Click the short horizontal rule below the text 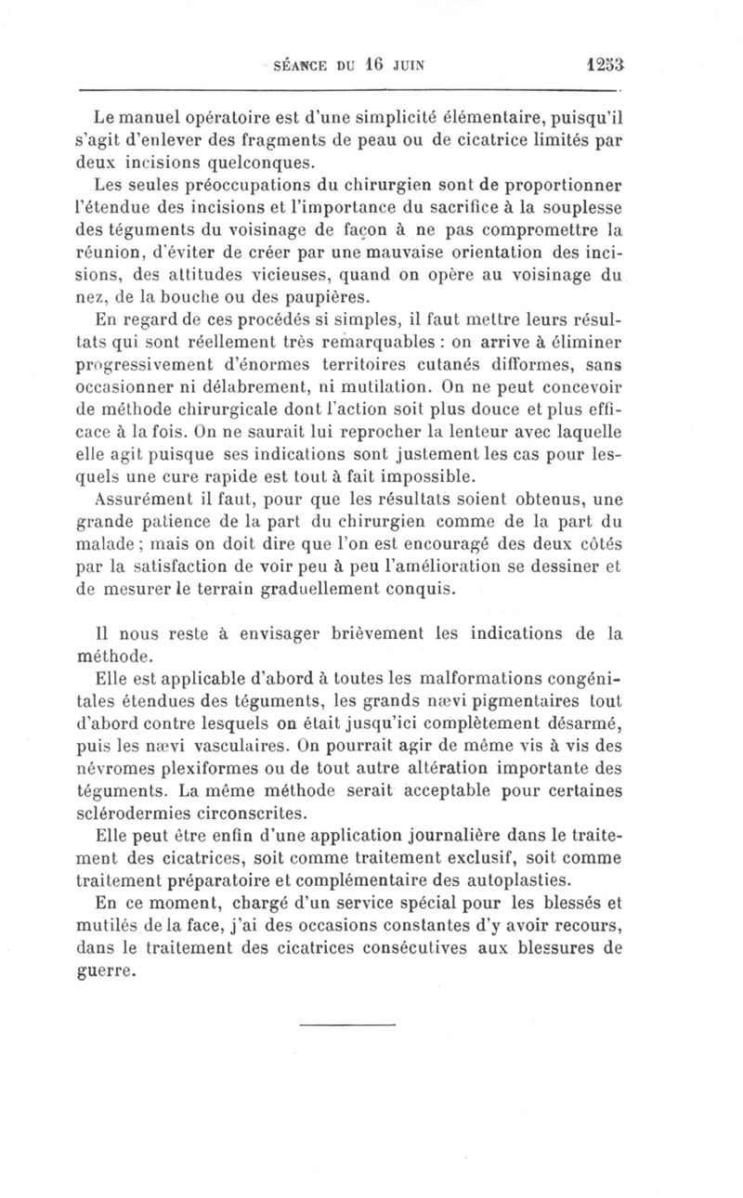(x=349, y=1024)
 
